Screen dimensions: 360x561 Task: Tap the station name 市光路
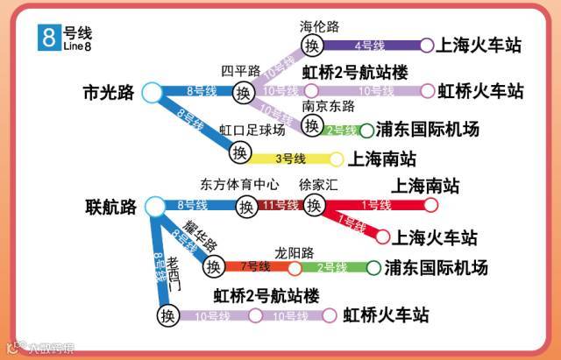pos(107,91)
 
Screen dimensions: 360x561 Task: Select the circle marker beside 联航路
pos(154,207)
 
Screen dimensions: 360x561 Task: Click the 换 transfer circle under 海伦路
pos(311,46)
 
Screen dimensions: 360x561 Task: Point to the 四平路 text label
pos(241,70)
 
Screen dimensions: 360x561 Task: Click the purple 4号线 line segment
pos(369,46)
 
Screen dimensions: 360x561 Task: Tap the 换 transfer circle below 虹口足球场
pos(240,152)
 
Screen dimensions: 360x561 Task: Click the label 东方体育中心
pos(239,186)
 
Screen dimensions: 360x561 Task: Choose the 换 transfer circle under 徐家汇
pos(313,206)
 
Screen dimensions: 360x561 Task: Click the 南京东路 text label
pos(328,106)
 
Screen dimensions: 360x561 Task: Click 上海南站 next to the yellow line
pos(382,159)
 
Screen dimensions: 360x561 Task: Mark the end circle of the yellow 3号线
pos(336,159)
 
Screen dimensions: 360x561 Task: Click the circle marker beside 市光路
pos(151,90)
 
